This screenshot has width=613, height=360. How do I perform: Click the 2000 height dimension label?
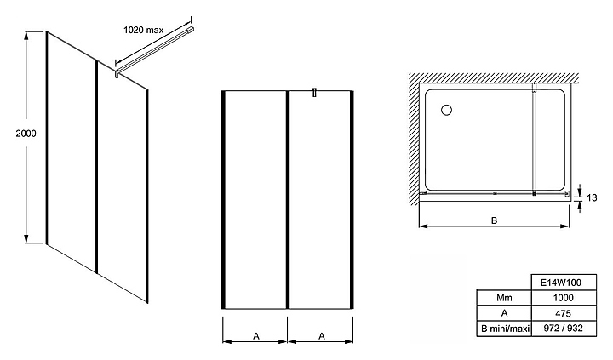[x=26, y=134]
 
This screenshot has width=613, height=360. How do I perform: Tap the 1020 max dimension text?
[x=144, y=30]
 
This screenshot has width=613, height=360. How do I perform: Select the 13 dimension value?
[x=592, y=197]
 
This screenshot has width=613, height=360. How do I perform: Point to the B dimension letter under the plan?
[x=494, y=220]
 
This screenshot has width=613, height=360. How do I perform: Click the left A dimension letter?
[x=256, y=336]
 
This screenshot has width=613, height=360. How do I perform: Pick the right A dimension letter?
[x=322, y=336]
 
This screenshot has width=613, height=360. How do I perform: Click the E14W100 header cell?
[x=564, y=283]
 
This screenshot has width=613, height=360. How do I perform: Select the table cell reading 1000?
[x=564, y=298]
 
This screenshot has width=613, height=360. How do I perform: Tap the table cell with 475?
[x=564, y=313]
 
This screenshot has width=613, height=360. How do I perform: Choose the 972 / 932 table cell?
[x=564, y=328]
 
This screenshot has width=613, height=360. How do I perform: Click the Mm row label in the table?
[x=504, y=298]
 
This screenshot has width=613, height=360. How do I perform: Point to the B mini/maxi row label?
[x=504, y=329]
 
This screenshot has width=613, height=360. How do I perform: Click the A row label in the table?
[x=504, y=313]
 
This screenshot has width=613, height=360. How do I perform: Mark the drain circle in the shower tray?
[x=446, y=111]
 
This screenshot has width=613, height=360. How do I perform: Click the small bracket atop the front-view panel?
[x=314, y=93]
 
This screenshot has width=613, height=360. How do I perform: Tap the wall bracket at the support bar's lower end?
[x=117, y=73]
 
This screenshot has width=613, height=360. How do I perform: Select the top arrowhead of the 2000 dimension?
[x=26, y=35]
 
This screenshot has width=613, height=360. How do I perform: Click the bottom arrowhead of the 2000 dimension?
[x=26, y=239]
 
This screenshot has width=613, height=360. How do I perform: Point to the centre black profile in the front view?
[x=288, y=200]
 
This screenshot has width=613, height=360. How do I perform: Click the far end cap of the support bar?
[x=192, y=29]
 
